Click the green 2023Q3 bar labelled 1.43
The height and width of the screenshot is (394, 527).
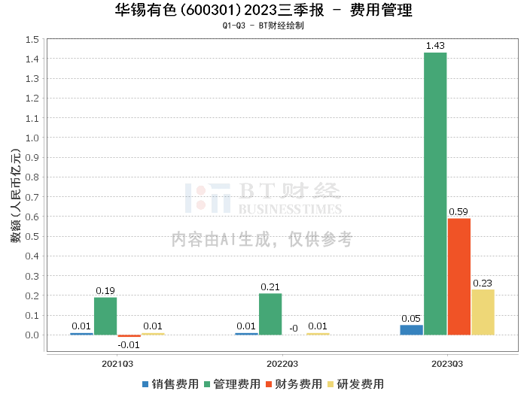point(435,193)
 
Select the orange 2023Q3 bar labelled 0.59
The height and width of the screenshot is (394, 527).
point(459,276)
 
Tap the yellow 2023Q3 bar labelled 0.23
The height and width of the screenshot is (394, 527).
point(483,312)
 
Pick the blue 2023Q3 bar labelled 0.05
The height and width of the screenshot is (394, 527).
point(411,329)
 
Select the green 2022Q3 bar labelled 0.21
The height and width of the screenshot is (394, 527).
point(270,314)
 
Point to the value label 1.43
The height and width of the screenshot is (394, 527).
point(435,46)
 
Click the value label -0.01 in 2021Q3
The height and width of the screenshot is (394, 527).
point(129,344)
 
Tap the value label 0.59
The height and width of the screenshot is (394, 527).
point(459,212)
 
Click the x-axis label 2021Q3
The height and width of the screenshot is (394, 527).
point(117,363)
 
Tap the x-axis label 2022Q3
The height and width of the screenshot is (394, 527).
point(282,363)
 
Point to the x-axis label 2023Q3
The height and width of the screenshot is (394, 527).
point(447,363)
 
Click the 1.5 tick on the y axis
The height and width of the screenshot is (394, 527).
point(32,39)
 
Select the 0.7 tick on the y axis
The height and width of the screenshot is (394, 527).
point(32,197)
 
